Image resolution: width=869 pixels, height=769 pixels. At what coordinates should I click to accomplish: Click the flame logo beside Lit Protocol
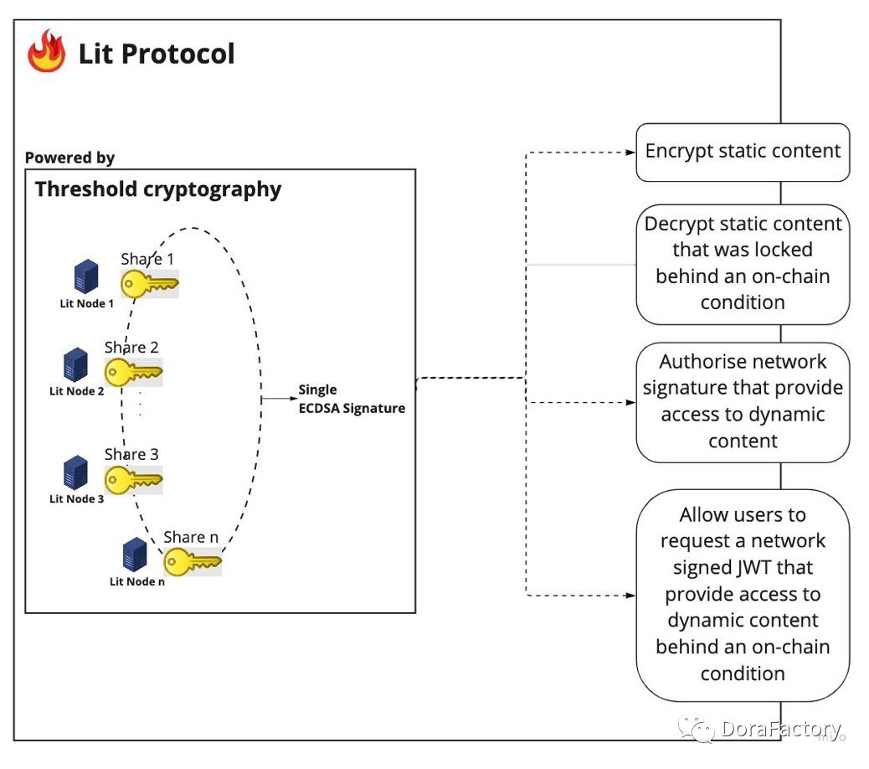[46, 52]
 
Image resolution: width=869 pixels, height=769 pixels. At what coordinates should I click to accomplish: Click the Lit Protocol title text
[157, 54]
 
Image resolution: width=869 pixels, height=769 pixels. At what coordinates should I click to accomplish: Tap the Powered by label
[69, 157]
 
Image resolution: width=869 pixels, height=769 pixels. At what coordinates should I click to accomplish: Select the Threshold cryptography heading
[158, 189]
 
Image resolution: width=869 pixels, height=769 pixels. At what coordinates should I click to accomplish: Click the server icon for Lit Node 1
[85, 277]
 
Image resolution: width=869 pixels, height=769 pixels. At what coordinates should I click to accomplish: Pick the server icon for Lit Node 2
[76, 365]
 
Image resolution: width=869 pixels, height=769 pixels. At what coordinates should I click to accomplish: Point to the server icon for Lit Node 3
[76, 472]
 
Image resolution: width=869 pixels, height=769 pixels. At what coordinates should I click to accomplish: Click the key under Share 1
[150, 283]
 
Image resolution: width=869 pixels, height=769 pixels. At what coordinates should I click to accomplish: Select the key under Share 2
[133, 371]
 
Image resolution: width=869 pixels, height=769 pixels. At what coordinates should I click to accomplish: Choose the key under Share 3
[133, 480]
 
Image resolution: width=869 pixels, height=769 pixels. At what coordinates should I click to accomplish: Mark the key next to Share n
[193, 561]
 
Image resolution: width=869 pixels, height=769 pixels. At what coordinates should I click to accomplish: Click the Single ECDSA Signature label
[352, 399]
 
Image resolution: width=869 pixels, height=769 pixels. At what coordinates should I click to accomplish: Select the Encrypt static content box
[743, 152]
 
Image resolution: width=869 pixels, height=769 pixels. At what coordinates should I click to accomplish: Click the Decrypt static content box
[743, 263]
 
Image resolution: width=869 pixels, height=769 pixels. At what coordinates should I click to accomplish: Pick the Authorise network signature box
[743, 401]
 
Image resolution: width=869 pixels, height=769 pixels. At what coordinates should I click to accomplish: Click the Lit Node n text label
[137, 581]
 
